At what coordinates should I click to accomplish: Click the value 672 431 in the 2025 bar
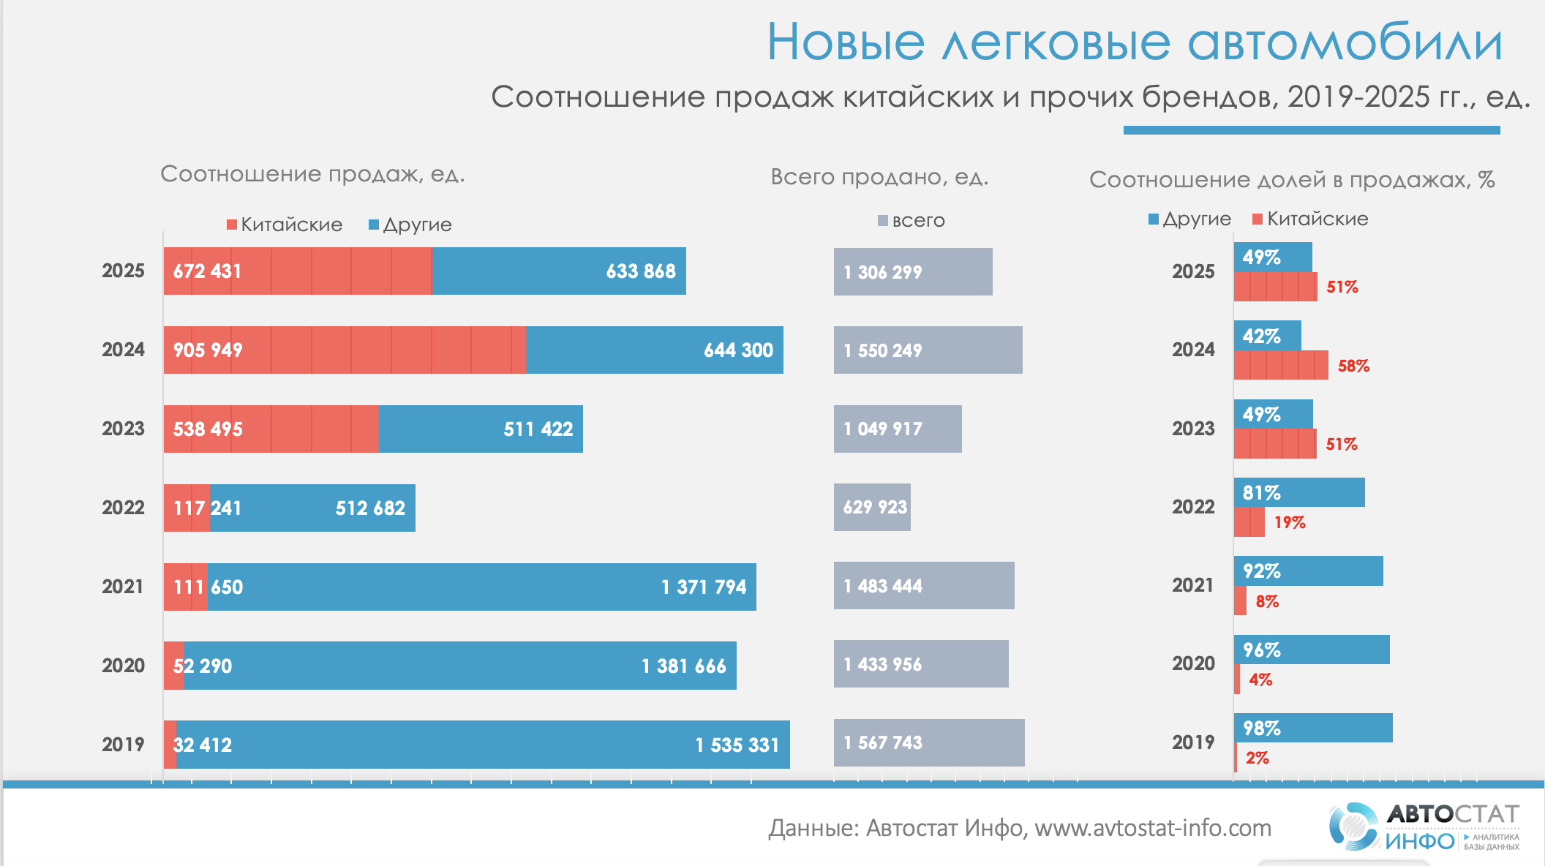coord(207,271)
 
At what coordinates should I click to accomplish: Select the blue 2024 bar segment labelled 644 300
coord(654,350)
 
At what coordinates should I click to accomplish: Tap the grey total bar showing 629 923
coord(872,508)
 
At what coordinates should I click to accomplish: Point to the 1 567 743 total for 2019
coord(883,743)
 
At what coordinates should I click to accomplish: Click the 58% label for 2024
coord(1353,366)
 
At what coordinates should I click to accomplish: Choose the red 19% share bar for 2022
coord(1249,522)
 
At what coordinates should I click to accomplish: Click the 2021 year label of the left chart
coord(123,587)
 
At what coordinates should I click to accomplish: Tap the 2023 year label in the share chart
coord(1193,429)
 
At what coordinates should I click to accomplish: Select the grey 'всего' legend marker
coord(883,220)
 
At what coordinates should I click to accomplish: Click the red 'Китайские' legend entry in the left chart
coord(285,225)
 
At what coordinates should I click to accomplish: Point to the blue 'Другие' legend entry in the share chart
coord(1189,219)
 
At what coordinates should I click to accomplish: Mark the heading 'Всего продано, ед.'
coord(879,177)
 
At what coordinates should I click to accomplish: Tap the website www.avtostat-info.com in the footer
coord(1153,828)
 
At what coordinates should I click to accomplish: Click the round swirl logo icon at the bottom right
coord(1353,827)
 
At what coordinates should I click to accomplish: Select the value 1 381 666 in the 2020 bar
coord(683,666)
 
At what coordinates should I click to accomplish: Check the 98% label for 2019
coord(1262,728)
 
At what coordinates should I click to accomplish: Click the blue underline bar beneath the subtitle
coord(1311,130)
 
